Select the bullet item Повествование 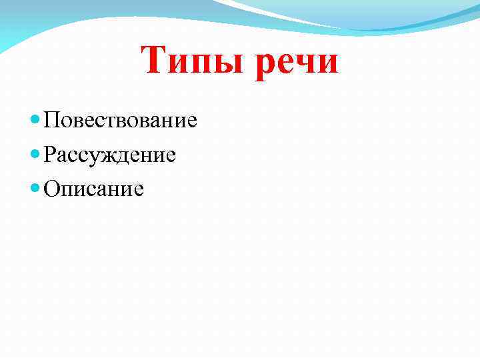[x=120, y=121]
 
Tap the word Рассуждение [x=110, y=155]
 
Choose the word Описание [x=93, y=189]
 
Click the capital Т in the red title [x=155, y=62]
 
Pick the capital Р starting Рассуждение [x=49, y=155]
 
